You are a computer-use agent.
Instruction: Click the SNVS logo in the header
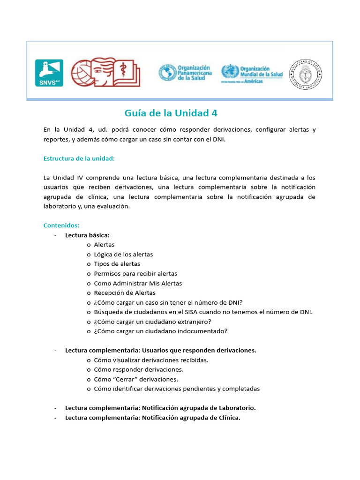click(49, 73)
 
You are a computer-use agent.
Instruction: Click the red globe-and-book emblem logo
click(106, 72)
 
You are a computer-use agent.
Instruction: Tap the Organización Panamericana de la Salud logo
click(185, 73)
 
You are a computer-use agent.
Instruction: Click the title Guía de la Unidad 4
click(171, 113)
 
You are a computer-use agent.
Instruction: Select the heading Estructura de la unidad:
click(79, 158)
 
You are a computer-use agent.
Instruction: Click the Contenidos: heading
click(61, 225)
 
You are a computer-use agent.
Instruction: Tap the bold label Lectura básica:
click(87, 235)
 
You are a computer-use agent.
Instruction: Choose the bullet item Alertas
click(104, 245)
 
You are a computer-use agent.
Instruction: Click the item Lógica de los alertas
click(123, 255)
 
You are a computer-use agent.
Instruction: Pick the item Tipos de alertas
click(117, 264)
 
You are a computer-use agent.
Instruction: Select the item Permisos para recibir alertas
click(135, 274)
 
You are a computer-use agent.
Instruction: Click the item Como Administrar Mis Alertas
click(138, 283)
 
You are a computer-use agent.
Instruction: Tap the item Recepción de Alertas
click(125, 293)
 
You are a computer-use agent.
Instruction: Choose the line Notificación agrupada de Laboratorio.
click(199, 408)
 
